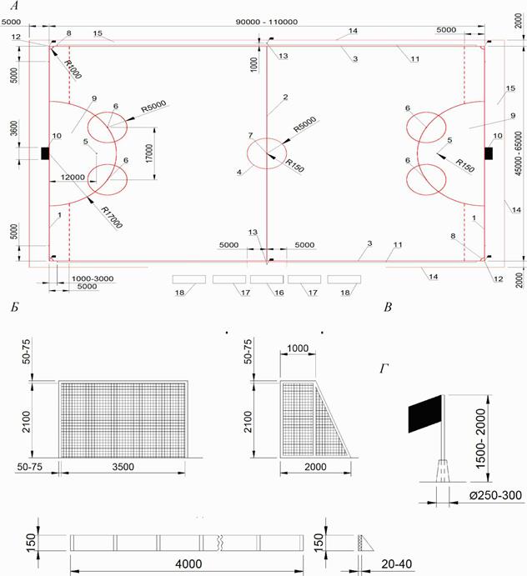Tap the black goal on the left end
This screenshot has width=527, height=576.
(x=44, y=153)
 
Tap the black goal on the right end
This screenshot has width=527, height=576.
(x=489, y=153)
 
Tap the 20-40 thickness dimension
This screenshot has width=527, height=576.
(x=397, y=564)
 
